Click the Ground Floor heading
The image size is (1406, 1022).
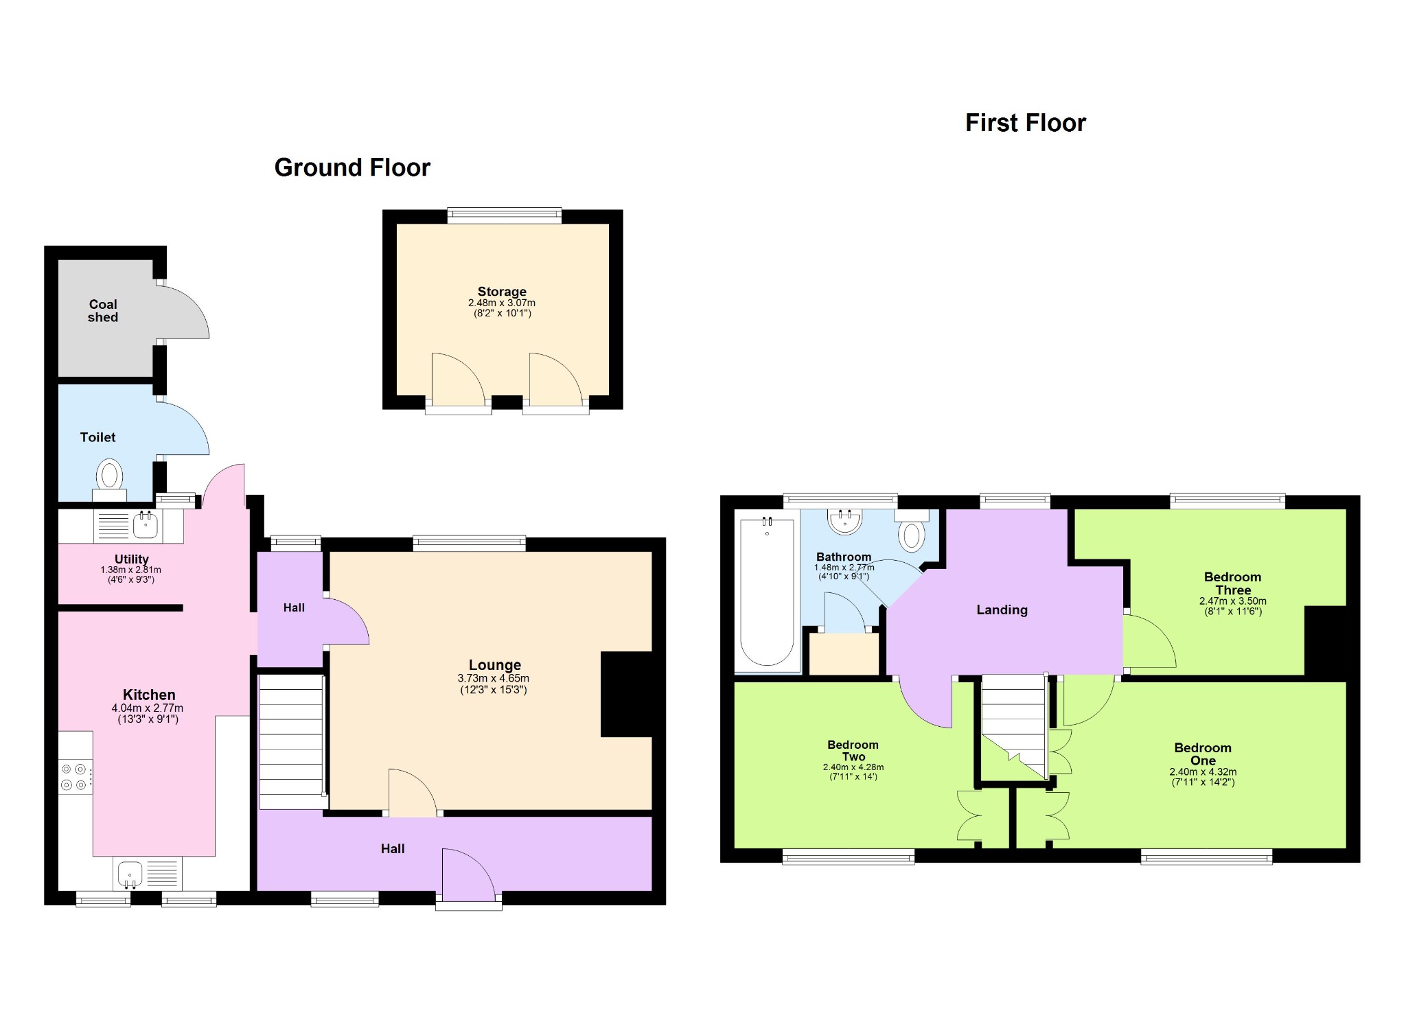pos(352,167)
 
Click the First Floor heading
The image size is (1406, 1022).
pos(1026,123)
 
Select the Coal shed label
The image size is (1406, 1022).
pos(103,310)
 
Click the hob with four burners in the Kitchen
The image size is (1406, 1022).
pos(75,776)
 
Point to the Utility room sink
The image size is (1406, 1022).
pos(146,525)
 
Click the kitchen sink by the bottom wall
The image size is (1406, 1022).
pos(130,874)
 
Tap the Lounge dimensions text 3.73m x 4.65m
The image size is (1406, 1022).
pos(494,678)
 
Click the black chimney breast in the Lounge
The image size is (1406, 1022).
pos(626,694)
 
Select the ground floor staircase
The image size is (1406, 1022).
pos(291,742)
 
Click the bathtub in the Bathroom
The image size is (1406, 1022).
pos(767,591)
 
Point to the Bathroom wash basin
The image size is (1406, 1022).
pos(845,521)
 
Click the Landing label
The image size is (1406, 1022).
pos(1002,609)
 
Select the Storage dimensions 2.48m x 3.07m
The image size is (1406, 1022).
pos(502,303)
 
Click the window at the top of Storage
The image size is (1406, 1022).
pos(505,216)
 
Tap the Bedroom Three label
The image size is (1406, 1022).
pos(1233,583)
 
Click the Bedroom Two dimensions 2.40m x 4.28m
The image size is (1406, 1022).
pos(853,767)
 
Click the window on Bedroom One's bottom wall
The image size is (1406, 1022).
pos(1206,856)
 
